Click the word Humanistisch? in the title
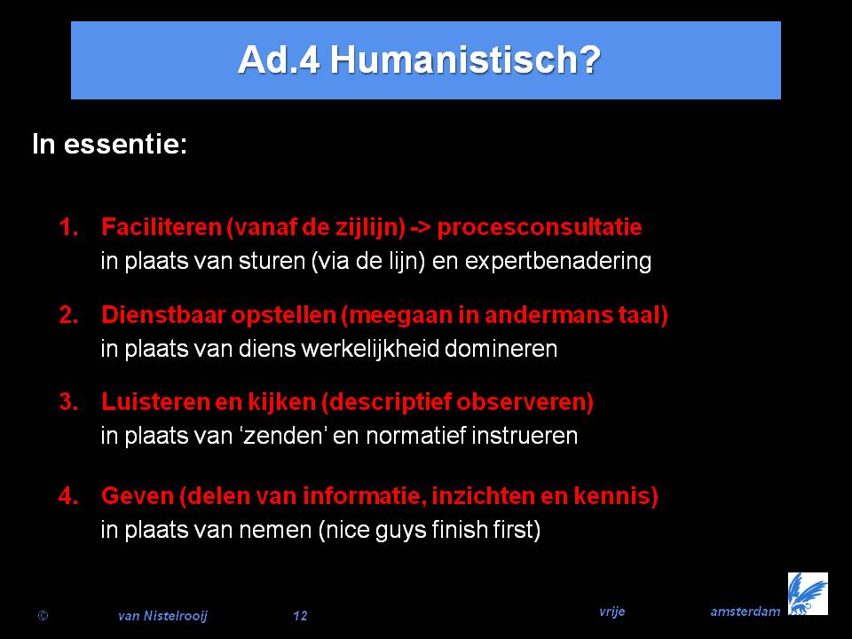tap(465, 59)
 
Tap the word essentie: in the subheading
tap(125, 145)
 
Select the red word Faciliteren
tap(162, 227)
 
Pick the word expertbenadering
tap(558, 261)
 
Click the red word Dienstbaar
tap(163, 315)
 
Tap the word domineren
tap(501, 348)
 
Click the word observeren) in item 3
tap(525, 403)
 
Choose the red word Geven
tap(137, 496)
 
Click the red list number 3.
tap(68, 402)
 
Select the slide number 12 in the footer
tap(300, 616)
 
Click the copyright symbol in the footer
tap(43, 616)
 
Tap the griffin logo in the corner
tap(808, 594)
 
